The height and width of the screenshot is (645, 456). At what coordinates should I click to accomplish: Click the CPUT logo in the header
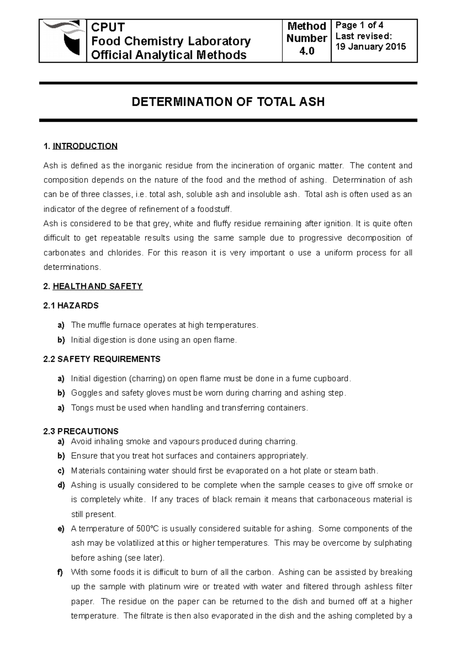tap(63, 40)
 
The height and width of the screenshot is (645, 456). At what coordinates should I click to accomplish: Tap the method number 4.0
tap(306, 51)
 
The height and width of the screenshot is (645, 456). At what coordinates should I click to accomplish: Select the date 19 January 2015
tap(370, 47)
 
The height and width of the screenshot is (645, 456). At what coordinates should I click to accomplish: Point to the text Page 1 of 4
tap(359, 25)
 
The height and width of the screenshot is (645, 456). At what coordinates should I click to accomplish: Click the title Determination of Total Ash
tap(228, 102)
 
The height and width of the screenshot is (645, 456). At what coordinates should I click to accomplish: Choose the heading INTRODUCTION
tap(85, 146)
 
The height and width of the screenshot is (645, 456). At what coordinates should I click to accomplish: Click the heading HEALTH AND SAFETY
tap(97, 286)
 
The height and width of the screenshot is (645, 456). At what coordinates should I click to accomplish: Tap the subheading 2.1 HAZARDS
tap(71, 305)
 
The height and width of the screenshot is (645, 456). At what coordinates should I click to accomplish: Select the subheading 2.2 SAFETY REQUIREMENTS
tap(102, 359)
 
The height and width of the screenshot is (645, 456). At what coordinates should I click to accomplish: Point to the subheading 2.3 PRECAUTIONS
tap(81, 431)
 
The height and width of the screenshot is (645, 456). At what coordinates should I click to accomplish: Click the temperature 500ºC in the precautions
tap(141, 529)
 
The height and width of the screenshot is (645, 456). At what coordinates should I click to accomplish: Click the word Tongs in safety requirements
tap(82, 408)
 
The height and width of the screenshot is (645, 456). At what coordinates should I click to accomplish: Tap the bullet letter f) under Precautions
tap(61, 572)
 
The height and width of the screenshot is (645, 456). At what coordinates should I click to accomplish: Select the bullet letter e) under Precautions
tap(61, 529)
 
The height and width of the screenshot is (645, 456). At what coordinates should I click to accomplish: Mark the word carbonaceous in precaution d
tap(346, 500)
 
